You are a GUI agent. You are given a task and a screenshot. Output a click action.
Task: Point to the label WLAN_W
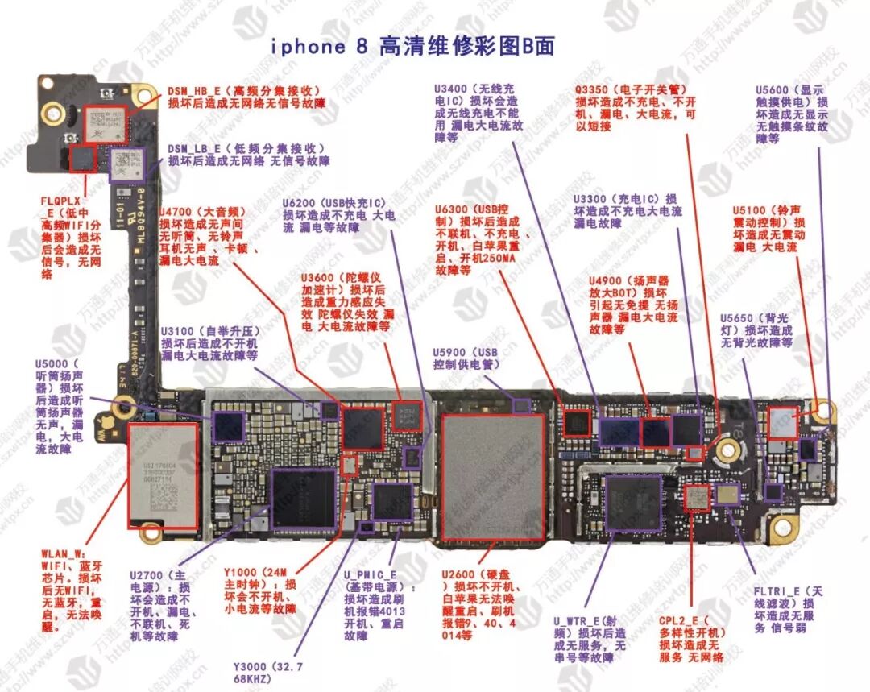point(63,554)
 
